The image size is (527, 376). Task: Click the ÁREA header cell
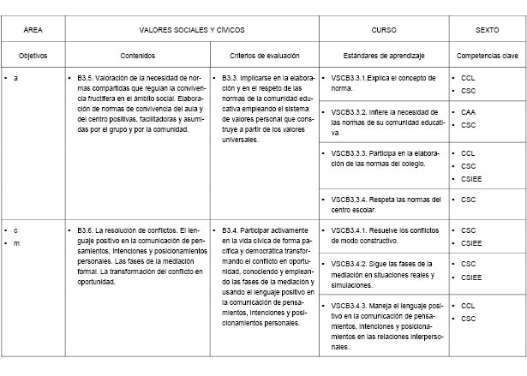(x=34, y=29)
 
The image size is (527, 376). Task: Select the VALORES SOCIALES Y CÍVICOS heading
(x=190, y=29)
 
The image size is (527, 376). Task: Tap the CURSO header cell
(x=383, y=29)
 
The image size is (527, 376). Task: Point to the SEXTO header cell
(x=487, y=29)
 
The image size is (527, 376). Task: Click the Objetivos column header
(x=33, y=55)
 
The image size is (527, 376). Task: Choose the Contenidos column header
(x=138, y=55)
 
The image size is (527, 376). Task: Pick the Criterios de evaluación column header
(x=265, y=55)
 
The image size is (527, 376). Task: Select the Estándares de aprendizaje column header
(x=383, y=55)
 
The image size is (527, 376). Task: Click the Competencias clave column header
(x=487, y=55)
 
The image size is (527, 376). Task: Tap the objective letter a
(x=16, y=78)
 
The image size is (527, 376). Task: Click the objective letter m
(x=16, y=243)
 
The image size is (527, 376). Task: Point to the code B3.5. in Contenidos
(x=87, y=78)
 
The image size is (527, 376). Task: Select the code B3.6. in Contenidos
(x=87, y=230)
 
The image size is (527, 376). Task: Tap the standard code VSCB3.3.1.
(x=352, y=78)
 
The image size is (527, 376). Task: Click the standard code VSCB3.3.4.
(x=352, y=199)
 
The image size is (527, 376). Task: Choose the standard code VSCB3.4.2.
(x=352, y=264)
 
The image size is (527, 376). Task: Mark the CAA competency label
(x=467, y=112)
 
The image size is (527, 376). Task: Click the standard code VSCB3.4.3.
(x=352, y=305)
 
